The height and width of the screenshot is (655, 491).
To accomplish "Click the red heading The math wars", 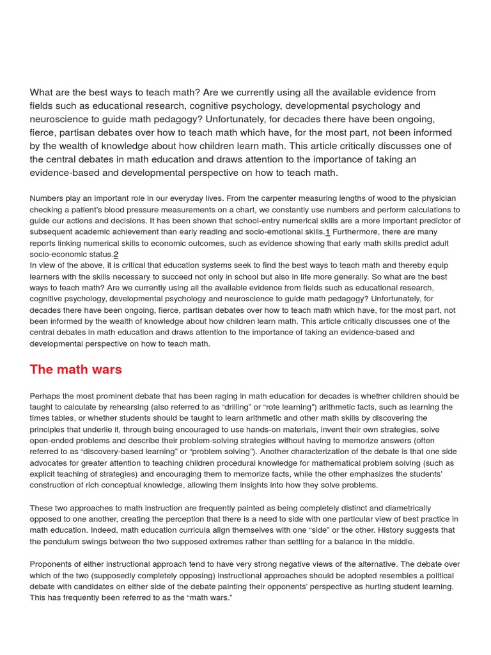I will tap(75, 370).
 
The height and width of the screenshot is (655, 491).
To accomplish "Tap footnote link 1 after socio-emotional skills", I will tap(328, 232).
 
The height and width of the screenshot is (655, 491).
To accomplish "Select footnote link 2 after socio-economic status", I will tap(116, 255).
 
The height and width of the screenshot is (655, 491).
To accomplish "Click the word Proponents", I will tap(54, 564).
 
